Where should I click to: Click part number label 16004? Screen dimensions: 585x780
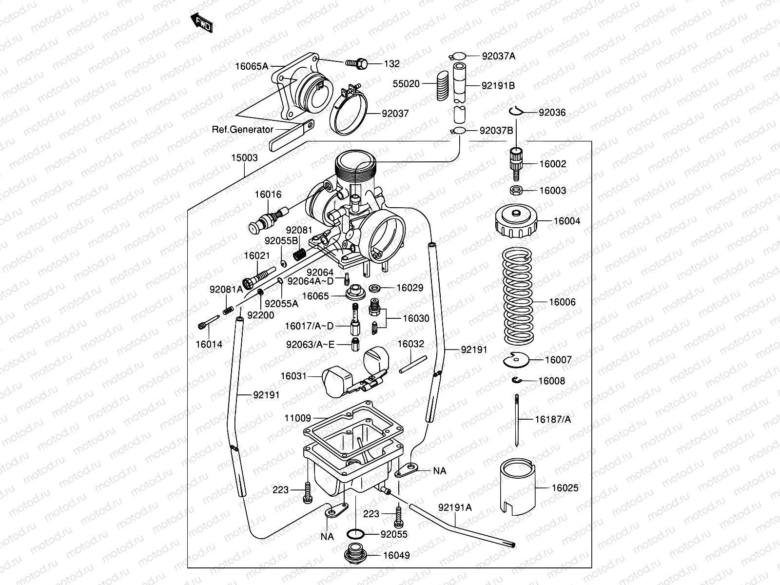coord(567,221)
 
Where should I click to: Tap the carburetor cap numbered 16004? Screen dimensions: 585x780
coord(516,221)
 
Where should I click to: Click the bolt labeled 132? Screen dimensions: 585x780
coord(356,63)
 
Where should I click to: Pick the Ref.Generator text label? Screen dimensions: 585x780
coord(242,130)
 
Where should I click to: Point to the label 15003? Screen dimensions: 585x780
coord(244,158)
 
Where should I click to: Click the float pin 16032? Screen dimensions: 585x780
coord(412,365)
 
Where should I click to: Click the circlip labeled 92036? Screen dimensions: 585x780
coord(516,112)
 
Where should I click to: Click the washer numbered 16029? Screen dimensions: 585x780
coord(375,288)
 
